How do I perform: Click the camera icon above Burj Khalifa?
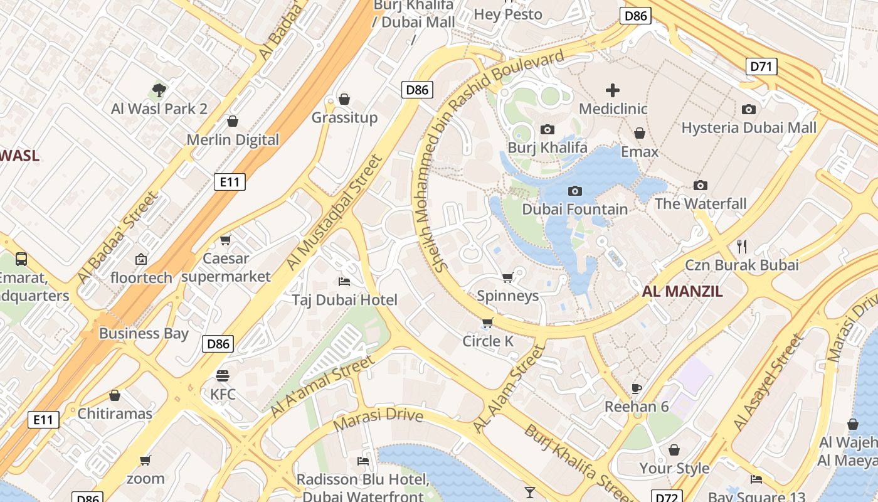547,129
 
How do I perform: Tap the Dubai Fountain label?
574,209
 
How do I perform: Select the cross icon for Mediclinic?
613,90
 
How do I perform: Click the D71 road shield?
762,67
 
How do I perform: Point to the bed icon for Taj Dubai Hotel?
344,281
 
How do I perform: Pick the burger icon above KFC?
223,375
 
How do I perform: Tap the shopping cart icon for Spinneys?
508,277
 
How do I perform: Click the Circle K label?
488,341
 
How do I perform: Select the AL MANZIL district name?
682,291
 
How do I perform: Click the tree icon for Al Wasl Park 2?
159,90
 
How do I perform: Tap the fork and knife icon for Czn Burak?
742,246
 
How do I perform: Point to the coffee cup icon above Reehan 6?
637,388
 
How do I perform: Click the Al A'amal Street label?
323,386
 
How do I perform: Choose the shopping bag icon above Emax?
640,133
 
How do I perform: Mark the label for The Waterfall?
701,203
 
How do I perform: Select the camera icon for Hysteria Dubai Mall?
749,109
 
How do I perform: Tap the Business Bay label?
144,333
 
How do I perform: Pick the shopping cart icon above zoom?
145,460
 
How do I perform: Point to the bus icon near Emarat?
21,259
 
